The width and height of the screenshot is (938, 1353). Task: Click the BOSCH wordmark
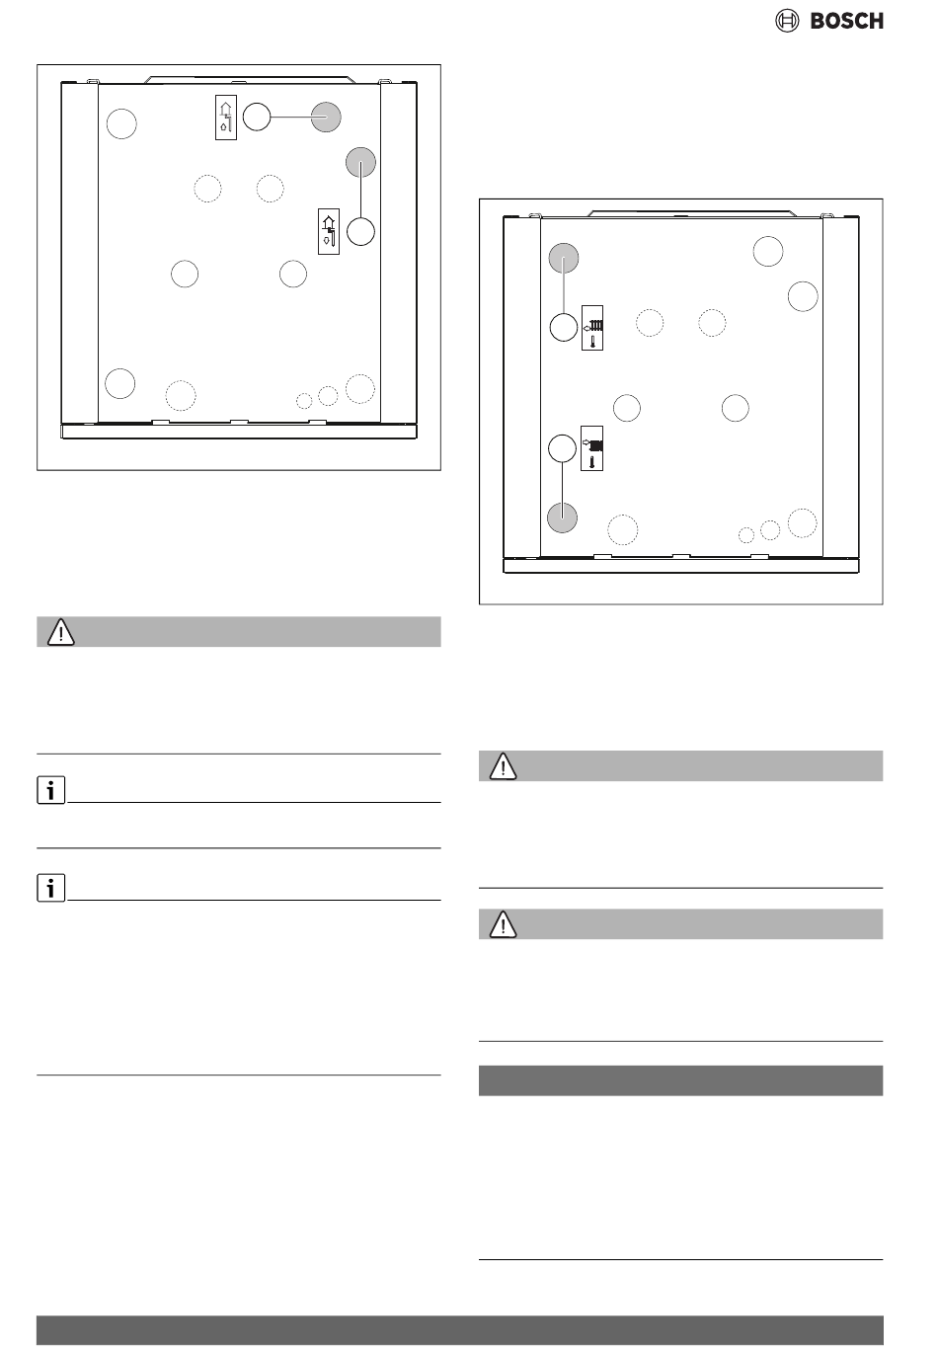pyautogui.click(x=846, y=21)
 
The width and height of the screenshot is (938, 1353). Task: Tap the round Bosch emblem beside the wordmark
pyautogui.click(x=787, y=21)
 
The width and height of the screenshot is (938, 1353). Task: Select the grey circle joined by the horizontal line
pyautogui.click(x=326, y=118)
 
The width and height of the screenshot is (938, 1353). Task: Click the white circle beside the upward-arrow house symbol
pyautogui.click(x=257, y=117)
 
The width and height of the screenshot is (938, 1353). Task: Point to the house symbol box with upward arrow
pyautogui.click(x=226, y=118)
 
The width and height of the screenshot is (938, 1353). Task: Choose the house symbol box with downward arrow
pyautogui.click(x=329, y=231)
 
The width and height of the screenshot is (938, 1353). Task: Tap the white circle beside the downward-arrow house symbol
pyautogui.click(x=360, y=231)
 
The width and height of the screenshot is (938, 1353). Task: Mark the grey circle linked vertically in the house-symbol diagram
pyautogui.click(x=360, y=162)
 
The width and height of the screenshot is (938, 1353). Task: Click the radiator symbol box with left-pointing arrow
pyautogui.click(x=591, y=327)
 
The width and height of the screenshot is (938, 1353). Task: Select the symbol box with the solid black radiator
pyautogui.click(x=591, y=448)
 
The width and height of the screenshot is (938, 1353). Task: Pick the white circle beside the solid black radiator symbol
pyautogui.click(x=563, y=448)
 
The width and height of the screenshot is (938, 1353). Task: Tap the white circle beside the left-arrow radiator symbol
pyautogui.click(x=564, y=327)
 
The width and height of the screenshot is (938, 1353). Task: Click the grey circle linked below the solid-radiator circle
pyautogui.click(x=563, y=517)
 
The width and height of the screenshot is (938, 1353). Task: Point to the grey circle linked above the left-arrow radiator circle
pyautogui.click(x=564, y=258)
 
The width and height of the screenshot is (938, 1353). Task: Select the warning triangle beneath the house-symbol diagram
pyautogui.click(x=60, y=632)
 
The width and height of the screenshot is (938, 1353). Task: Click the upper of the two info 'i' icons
pyautogui.click(x=50, y=789)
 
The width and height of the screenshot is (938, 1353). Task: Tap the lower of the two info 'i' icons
pyautogui.click(x=50, y=887)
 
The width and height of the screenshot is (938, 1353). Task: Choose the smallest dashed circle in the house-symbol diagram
pyautogui.click(x=304, y=400)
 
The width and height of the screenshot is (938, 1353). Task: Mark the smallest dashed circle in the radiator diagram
pyautogui.click(x=746, y=535)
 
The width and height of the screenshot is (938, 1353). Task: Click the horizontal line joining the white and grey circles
pyautogui.click(x=290, y=117)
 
